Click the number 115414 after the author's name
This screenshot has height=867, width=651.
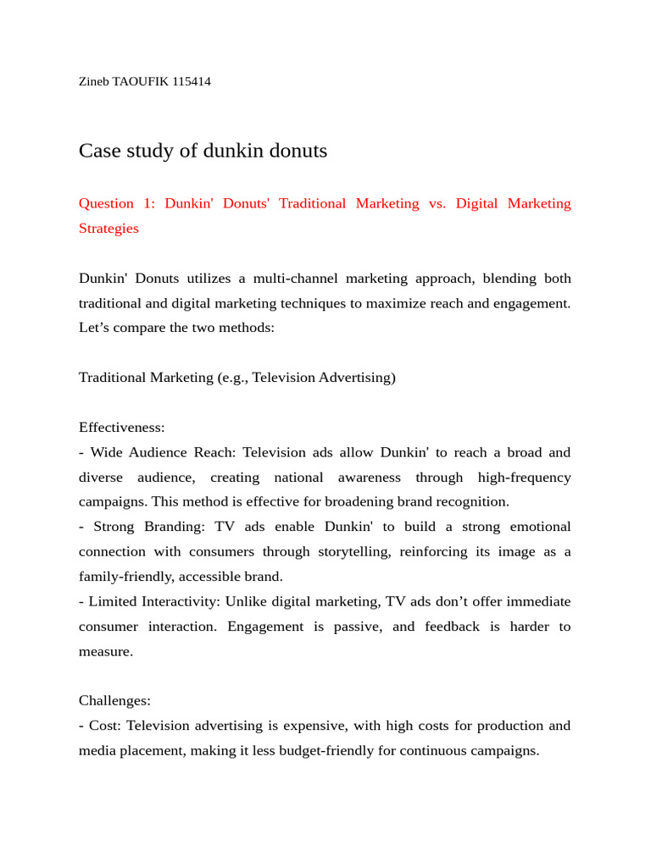pos(191,82)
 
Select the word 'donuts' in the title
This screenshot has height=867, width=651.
pos(298,152)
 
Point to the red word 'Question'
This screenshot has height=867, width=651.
pos(106,203)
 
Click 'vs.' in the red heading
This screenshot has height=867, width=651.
pos(437,203)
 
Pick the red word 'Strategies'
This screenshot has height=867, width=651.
pos(108,229)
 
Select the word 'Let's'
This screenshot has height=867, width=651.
pos(95,328)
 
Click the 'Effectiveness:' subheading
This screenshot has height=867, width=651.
pos(122,428)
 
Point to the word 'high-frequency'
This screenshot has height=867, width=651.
pos(524,478)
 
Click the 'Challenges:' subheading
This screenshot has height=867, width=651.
pos(114,701)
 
